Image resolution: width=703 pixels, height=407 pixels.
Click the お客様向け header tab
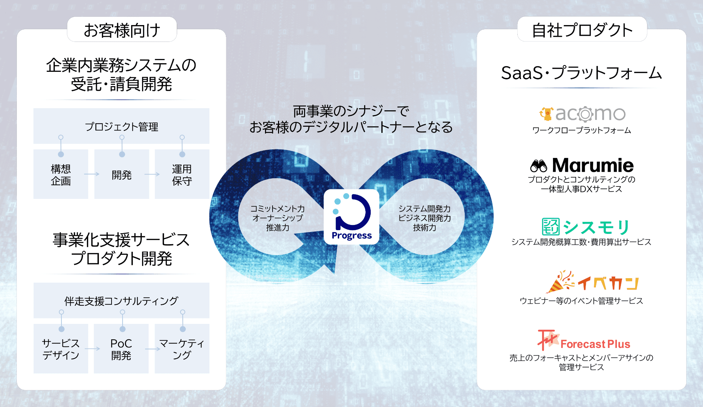click(122, 30)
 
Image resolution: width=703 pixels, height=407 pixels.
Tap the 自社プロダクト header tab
click(582, 30)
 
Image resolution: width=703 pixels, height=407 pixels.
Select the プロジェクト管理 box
click(122, 126)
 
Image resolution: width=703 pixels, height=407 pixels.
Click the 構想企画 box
click(61, 174)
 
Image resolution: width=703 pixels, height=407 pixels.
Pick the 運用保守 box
click(182, 174)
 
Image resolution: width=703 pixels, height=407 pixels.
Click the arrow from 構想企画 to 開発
click(91, 174)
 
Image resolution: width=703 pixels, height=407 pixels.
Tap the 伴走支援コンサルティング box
click(122, 301)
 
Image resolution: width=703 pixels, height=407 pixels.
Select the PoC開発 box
click(121, 349)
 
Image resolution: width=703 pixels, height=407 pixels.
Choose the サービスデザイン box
click(61, 349)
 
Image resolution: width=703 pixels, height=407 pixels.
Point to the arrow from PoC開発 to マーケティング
click(152, 349)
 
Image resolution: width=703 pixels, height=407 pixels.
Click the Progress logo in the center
click(351, 217)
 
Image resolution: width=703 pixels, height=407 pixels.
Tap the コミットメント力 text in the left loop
click(277, 208)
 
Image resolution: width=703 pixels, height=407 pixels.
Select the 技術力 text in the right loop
click(424, 227)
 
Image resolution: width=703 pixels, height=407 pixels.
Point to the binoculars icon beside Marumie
click(539, 166)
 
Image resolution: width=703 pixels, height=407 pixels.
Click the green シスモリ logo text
click(597, 227)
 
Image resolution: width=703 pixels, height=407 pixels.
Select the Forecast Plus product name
click(595, 344)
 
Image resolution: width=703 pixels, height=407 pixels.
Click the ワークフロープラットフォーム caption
click(581, 130)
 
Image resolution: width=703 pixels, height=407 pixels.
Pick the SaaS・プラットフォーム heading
click(581, 73)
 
